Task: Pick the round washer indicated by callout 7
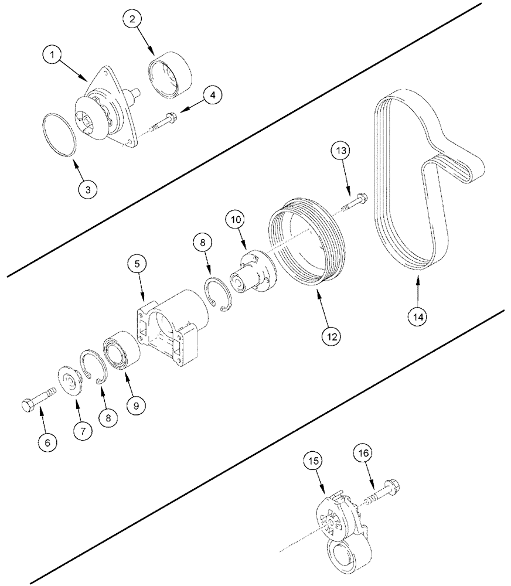71,384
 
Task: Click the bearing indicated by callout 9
121,352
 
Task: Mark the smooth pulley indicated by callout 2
169,73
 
